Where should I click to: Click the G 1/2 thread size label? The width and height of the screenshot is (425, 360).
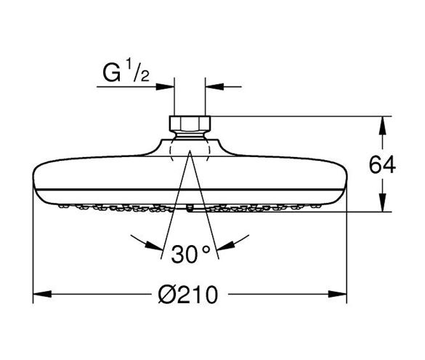[x=126, y=71]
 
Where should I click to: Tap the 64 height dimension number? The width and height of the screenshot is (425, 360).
[x=382, y=165]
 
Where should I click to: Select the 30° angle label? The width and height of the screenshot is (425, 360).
[x=191, y=254]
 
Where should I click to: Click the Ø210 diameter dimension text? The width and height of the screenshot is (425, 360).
[x=188, y=295]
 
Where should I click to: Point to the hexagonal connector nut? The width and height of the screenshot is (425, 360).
[x=190, y=123]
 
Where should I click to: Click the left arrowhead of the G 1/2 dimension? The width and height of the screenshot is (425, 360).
[x=165, y=87]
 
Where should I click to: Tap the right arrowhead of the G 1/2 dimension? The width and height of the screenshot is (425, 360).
[x=214, y=87]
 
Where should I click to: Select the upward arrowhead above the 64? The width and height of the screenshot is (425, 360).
[x=382, y=126]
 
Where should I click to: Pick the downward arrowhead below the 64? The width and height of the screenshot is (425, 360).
[x=382, y=202]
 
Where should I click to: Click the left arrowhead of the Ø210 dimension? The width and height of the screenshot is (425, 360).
[x=42, y=294]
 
